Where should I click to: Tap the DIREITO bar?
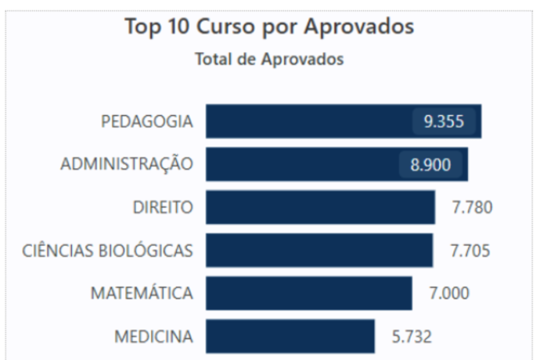click(320, 208)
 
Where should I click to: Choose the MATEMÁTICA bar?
click(308, 294)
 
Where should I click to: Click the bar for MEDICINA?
click(290, 336)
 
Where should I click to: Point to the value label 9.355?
click(444, 122)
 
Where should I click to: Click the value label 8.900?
click(430, 165)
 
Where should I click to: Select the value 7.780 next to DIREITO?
click(472, 208)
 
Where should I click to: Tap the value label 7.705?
click(470, 250)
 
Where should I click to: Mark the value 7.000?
click(450, 294)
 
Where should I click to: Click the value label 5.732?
click(411, 336)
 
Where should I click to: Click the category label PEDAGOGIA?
click(147, 122)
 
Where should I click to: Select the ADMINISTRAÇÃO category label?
click(127, 165)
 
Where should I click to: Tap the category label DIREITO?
click(163, 208)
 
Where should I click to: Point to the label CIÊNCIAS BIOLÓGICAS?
click(107, 250)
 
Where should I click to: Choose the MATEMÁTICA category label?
click(142, 294)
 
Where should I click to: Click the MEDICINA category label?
click(154, 336)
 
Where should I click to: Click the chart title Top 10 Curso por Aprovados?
click(270, 26)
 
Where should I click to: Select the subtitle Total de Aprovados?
click(270, 59)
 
